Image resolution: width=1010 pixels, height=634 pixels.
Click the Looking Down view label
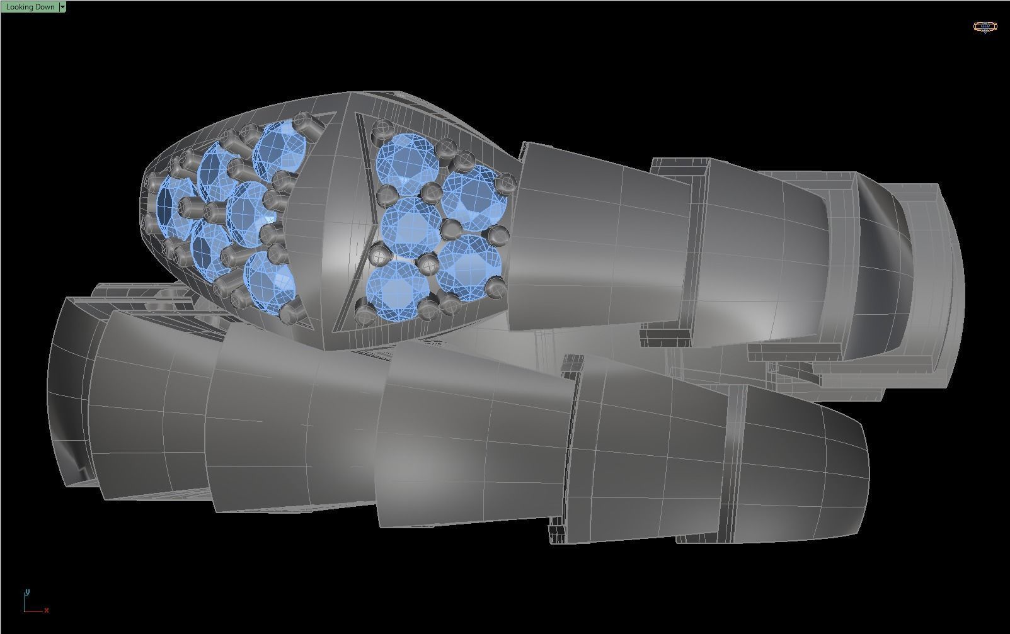pyautogui.click(x=30, y=7)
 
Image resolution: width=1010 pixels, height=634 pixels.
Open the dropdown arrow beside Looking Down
pyautogui.click(x=62, y=7)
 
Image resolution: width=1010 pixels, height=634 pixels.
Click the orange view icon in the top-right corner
pyautogui.click(x=985, y=26)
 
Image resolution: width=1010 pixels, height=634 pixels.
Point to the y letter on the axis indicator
pyautogui.click(x=27, y=592)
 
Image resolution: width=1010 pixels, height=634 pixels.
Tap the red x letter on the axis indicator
pyautogui.click(x=47, y=610)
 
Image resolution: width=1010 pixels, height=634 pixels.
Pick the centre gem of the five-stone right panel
pyautogui.click(x=412, y=227)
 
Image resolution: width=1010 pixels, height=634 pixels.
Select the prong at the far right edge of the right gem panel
pyautogui.click(x=507, y=184)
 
